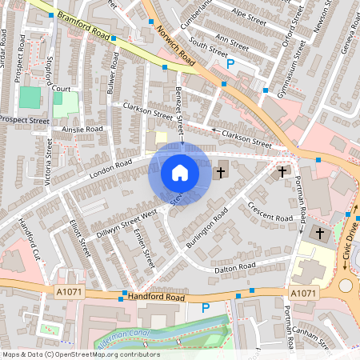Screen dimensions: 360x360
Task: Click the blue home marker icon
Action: pyautogui.click(x=180, y=173)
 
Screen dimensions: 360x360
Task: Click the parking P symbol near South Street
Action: pyautogui.click(x=231, y=63)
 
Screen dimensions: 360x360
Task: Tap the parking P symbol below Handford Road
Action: pyautogui.click(x=206, y=307)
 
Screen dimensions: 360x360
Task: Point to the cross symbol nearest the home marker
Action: pyautogui.click(x=222, y=171)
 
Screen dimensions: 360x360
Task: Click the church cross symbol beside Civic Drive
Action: pyautogui.click(x=320, y=233)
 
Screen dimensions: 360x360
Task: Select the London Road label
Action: pyautogui.click(x=111, y=169)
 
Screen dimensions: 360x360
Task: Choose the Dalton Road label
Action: pyautogui.click(x=235, y=266)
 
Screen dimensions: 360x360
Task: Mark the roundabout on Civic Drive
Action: pyautogui.click(x=346, y=286)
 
